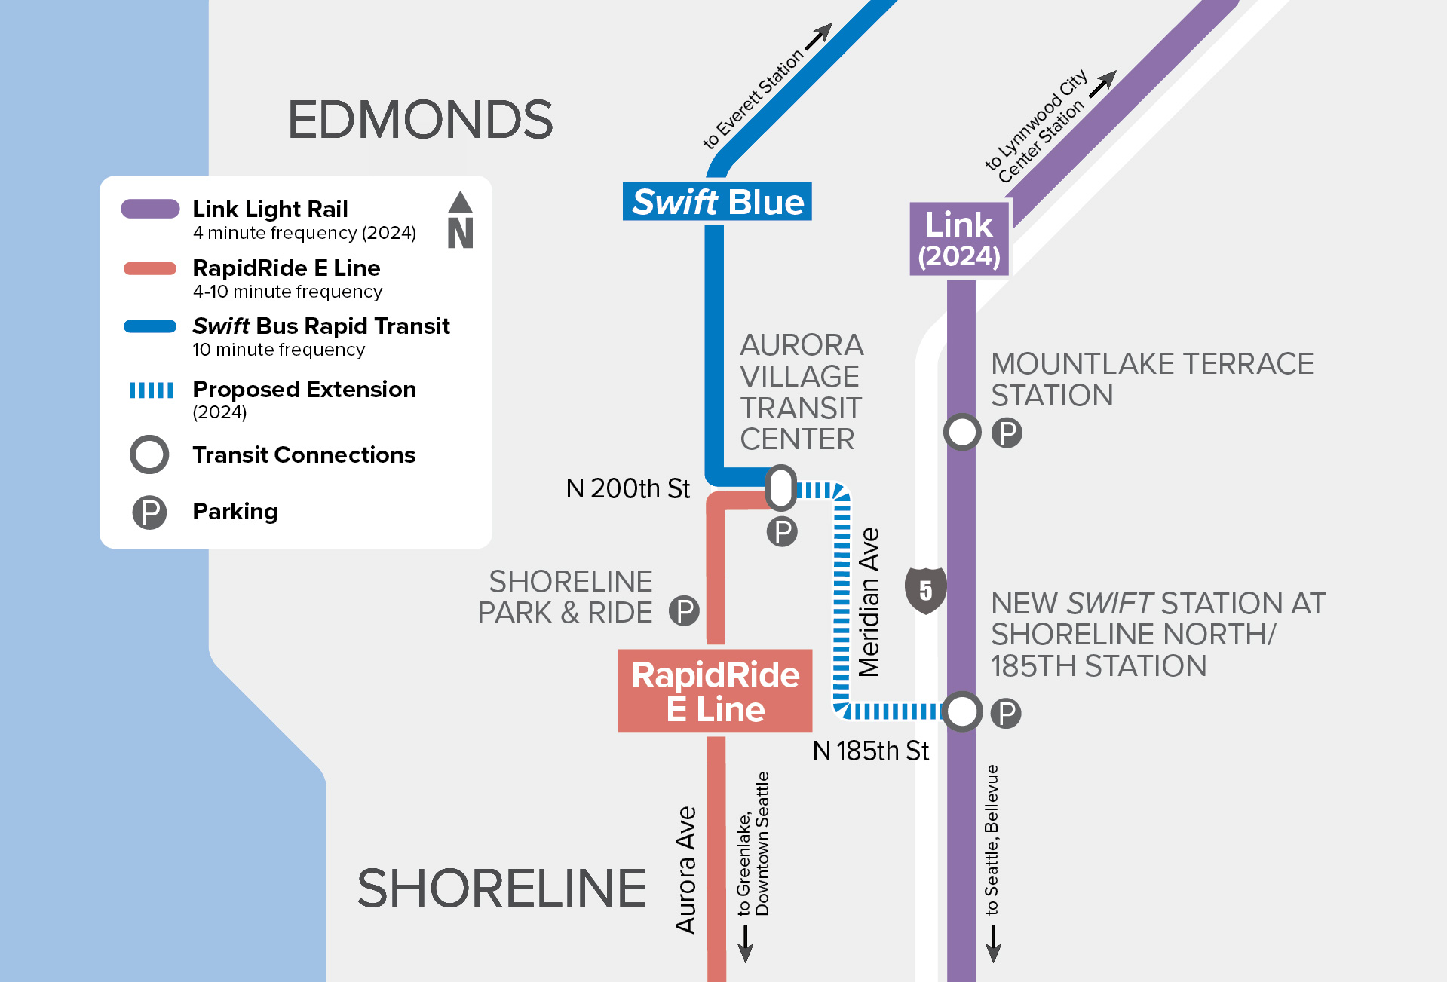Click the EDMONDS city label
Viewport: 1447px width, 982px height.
pos(420,120)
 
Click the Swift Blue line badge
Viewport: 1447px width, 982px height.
pos(717,202)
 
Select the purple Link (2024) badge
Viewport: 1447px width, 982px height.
pos(958,239)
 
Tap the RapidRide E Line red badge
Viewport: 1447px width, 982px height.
pos(715,691)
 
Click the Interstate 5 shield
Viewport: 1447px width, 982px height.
pos(925,590)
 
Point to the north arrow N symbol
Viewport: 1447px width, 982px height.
pos(460,222)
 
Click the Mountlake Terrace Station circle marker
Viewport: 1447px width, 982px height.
pos(962,432)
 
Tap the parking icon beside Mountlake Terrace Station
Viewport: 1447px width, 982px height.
pos(1007,433)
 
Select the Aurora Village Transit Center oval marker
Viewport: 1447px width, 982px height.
pos(781,488)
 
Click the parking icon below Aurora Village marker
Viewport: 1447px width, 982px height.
pos(782,532)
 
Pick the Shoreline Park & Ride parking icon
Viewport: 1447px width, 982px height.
pos(684,610)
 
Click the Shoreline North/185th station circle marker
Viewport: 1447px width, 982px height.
pos(962,711)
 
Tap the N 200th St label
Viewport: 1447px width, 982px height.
pos(627,488)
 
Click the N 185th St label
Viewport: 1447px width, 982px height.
pos(870,751)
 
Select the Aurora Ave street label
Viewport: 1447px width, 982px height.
pos(685,870)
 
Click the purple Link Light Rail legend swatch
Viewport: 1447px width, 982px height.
pos(150,209)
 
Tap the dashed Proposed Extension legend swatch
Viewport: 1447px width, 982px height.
pos(151,390)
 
